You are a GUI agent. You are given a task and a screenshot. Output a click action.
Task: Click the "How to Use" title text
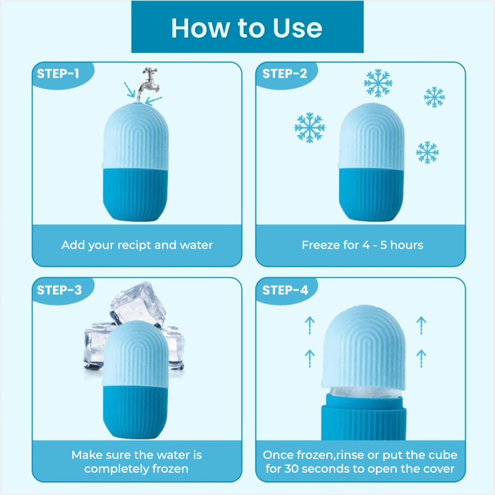tap(247, 28)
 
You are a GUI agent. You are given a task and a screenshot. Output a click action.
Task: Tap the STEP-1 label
tap(58, 73)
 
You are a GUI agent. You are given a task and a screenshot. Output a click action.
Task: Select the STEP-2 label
tap(285, 73)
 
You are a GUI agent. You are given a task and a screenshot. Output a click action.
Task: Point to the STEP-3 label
tap(59, 290)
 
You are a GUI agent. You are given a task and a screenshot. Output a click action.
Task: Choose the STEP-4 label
tap(285, 290)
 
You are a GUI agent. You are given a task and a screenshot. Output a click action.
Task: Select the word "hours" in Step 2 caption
tap(407, 245)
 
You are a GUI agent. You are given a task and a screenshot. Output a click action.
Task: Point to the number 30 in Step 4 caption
tap(291, 469)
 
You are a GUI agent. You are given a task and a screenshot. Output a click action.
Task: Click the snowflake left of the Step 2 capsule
tap(310, 127)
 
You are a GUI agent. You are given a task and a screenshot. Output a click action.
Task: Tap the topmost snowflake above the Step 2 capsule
tap(378, 83)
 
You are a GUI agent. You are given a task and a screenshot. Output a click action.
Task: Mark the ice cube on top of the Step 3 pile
tap(137, 303)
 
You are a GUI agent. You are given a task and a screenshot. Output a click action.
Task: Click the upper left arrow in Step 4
tap(310, 325)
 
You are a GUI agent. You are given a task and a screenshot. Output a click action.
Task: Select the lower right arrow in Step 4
tap(421, 358)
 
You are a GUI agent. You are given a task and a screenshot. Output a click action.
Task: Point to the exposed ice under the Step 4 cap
tap(366, 393)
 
